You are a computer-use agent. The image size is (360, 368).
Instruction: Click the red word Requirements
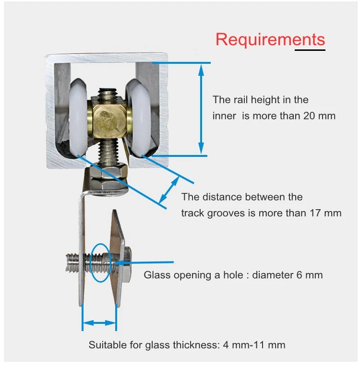point(270,39)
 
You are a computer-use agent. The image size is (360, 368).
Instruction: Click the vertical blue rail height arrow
point(201,109)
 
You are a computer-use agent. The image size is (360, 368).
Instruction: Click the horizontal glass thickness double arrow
point(99,323)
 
